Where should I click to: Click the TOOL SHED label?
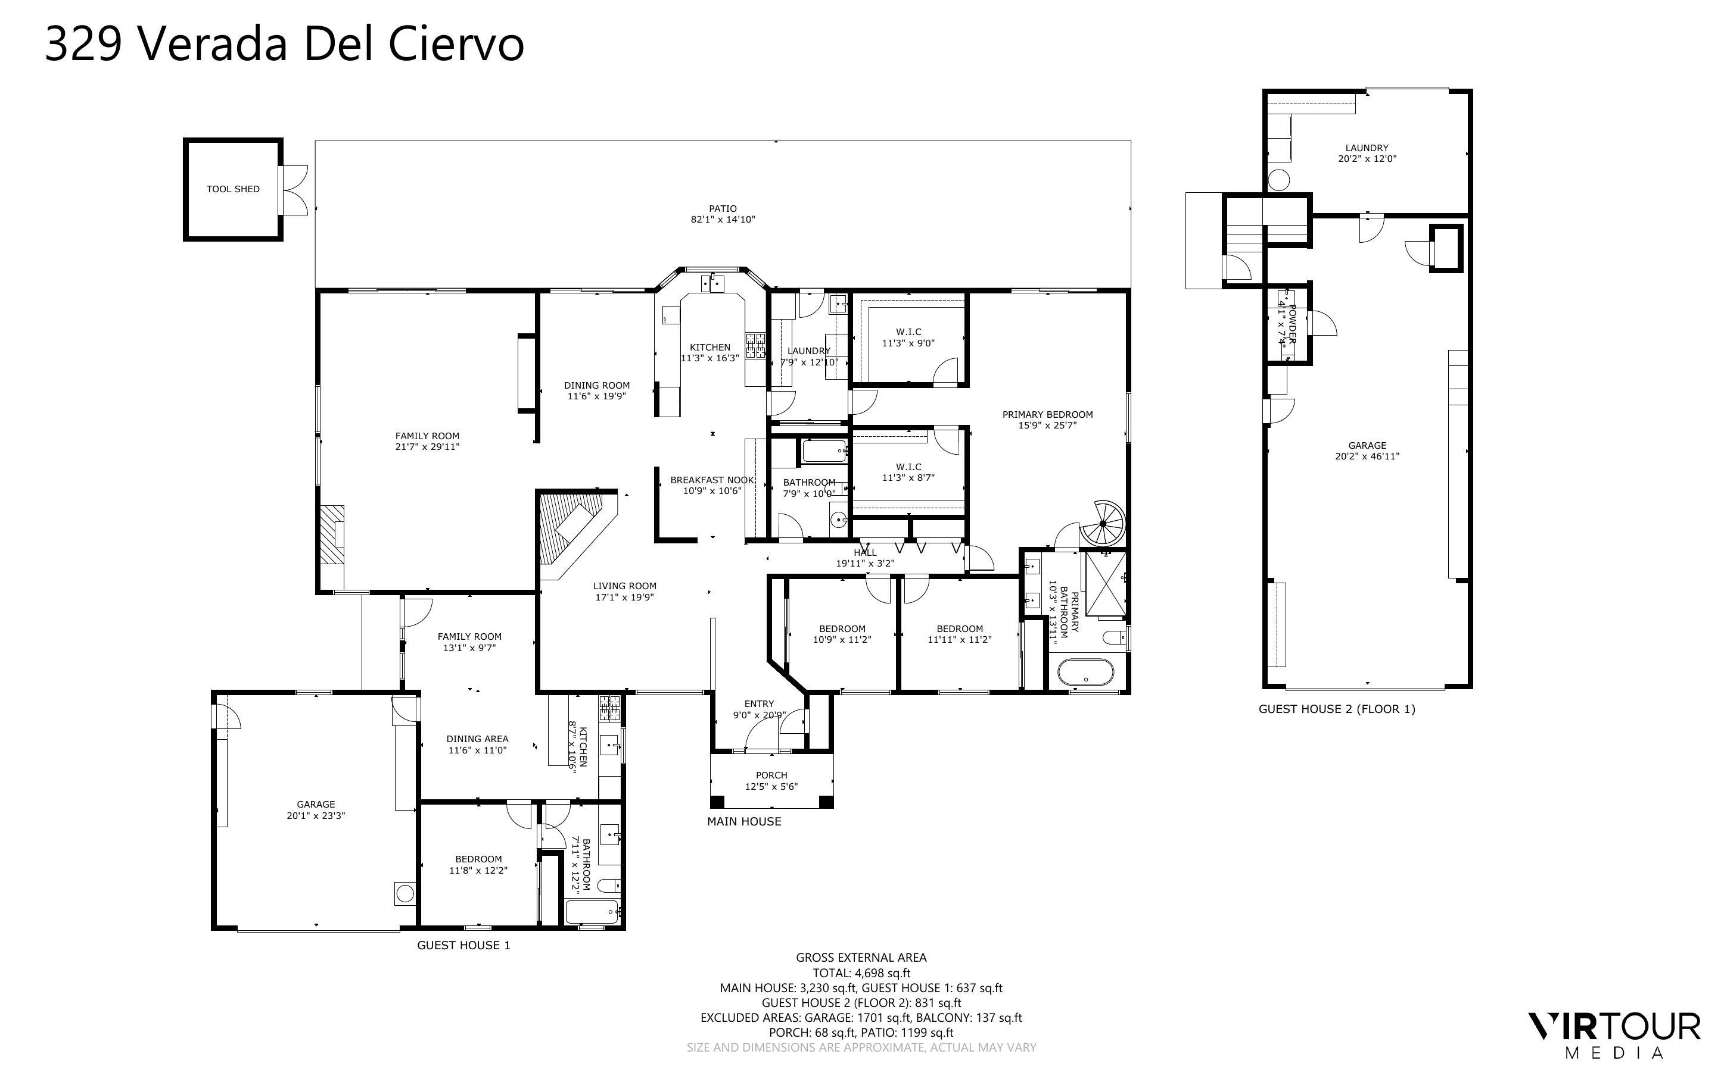click(233, 189)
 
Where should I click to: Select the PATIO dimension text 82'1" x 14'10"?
click(722, 220)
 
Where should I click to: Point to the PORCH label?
click(771, 775)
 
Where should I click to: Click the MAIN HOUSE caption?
click(744, 821)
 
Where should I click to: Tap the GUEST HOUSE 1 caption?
click(463, 945)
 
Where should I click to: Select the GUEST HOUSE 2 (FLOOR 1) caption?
click(1337, 709)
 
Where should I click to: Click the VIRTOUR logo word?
click(1615, 1027)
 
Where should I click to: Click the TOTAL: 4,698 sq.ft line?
click(861, 973)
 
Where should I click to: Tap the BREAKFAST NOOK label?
click(711, 480)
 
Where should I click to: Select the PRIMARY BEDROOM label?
click(1047, 415)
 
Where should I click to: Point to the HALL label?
click(864, 553)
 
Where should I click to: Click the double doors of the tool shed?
click(295, 190)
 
